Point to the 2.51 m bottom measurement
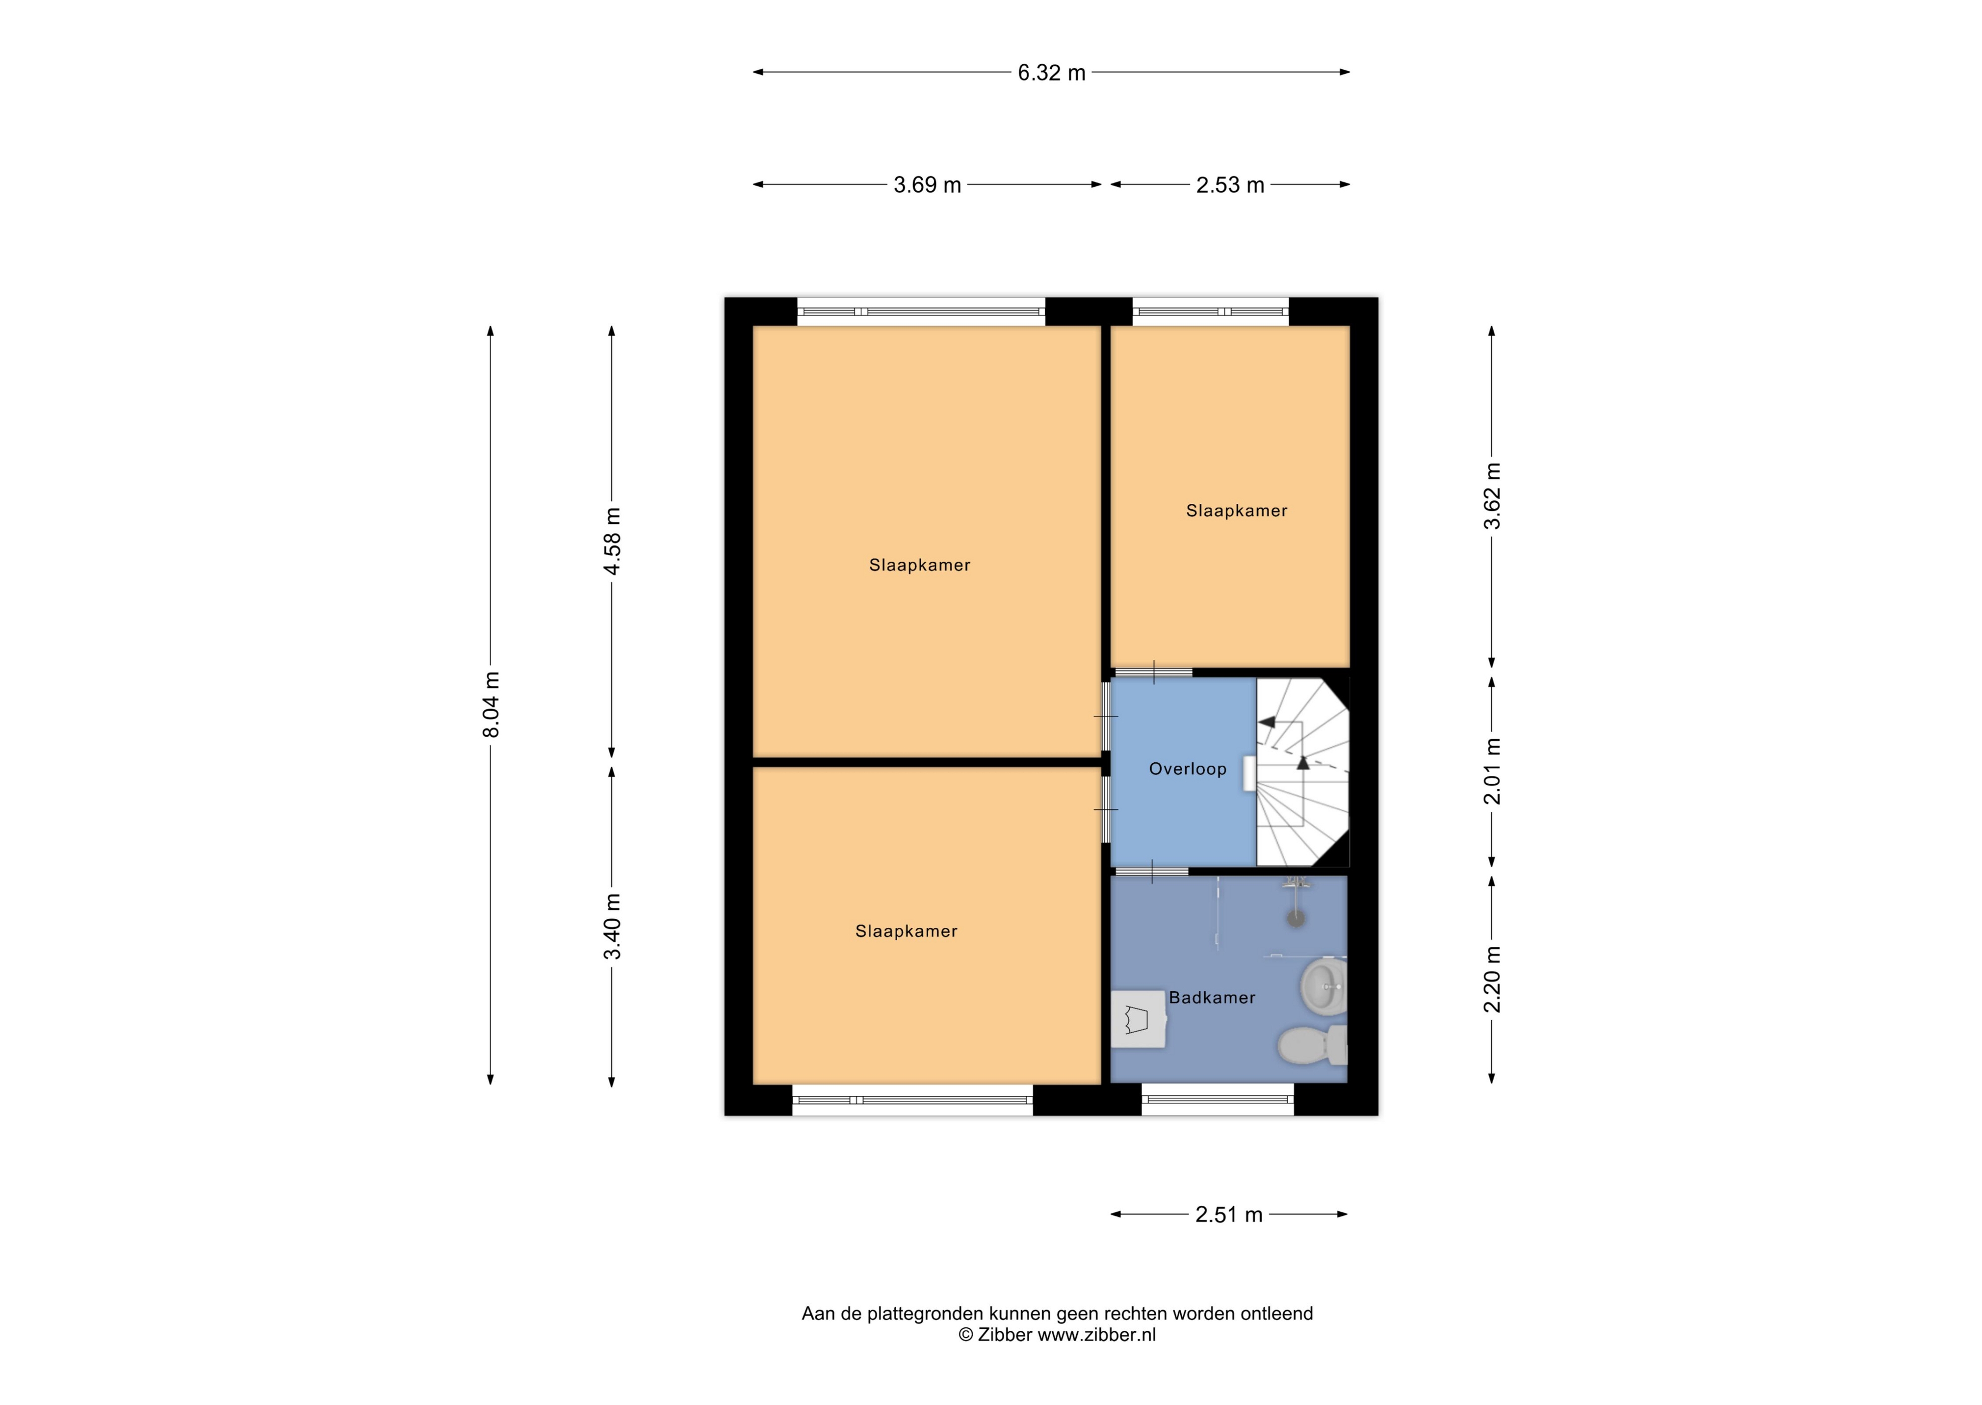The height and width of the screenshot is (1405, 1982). click(1229, 1215)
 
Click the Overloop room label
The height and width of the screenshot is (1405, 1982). click(1187, 769)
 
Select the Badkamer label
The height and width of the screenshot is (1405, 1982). click(1212, 998)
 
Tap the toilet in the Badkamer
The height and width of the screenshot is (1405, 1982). click(1312, 1046)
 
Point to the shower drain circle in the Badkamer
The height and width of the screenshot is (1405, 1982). click(1296, 918)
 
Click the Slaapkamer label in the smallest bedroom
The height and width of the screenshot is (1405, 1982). click(1236, 511)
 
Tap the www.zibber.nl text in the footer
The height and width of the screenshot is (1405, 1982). click(1096, 1335)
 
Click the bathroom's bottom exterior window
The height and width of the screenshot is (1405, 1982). click(1218, 1100)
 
